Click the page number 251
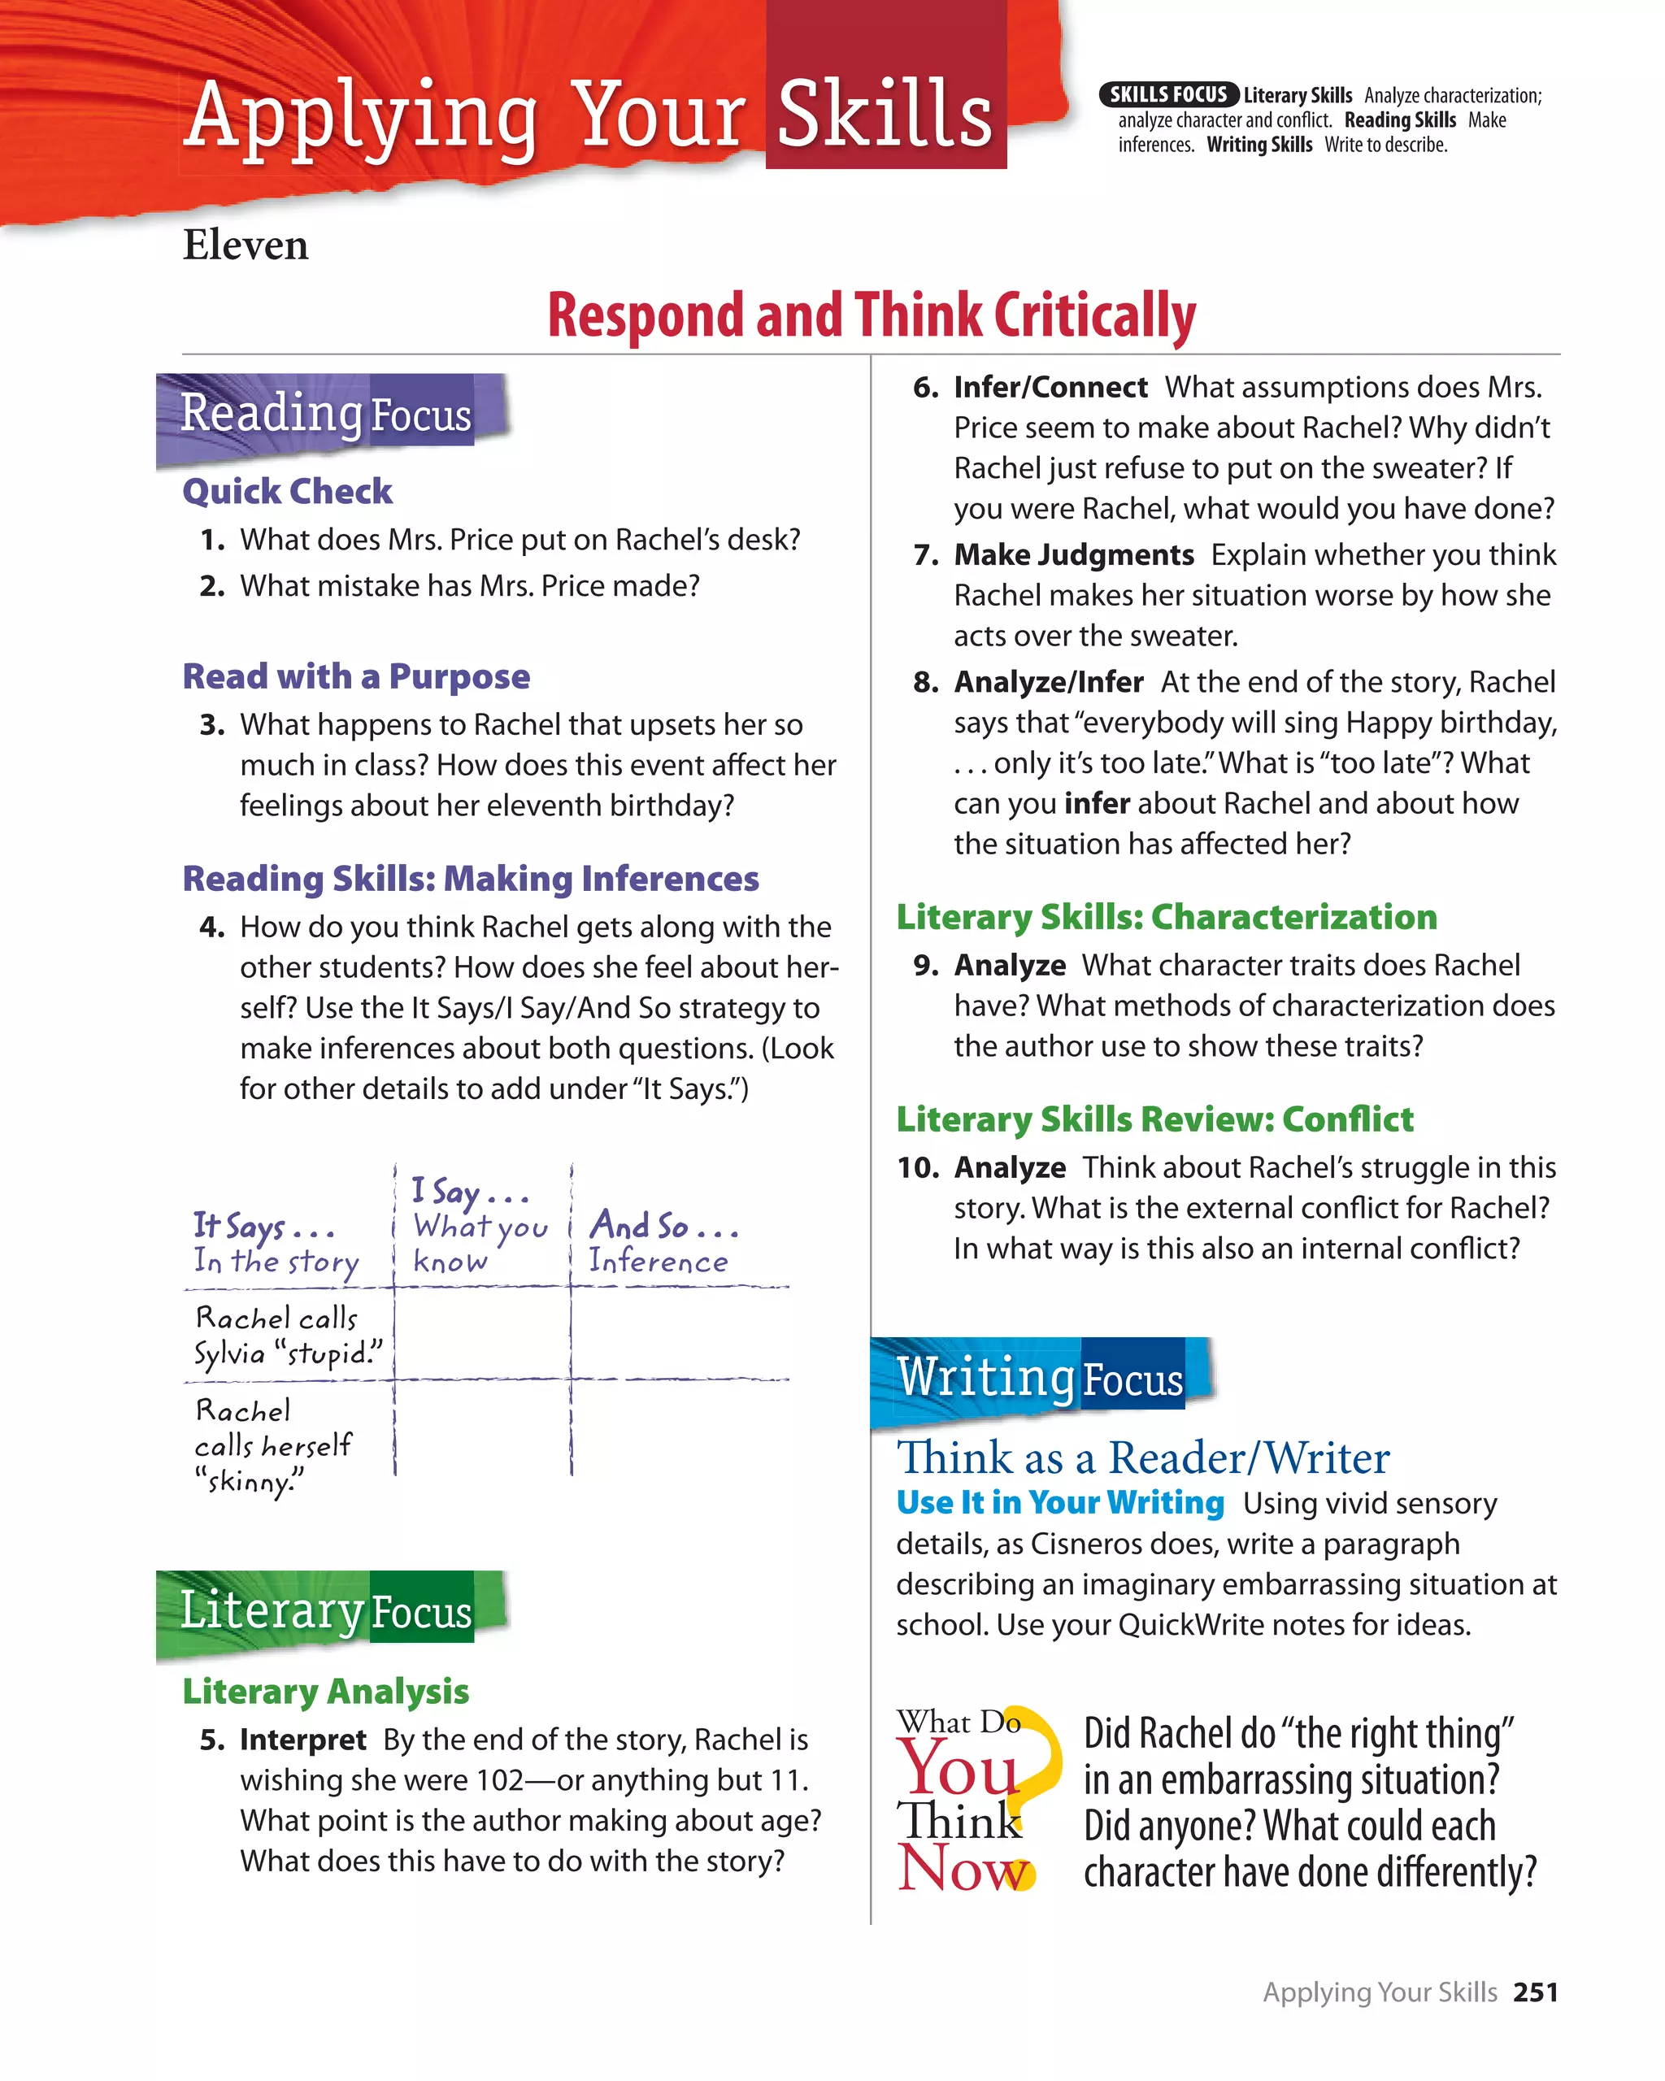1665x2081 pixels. click(x=1535, y=1992)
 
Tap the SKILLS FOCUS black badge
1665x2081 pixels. click(x=1168, y=94)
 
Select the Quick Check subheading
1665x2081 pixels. click(x=287, y=491)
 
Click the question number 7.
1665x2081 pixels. click(x=926, y=555)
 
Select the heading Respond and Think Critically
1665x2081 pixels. click(x=871, y=315)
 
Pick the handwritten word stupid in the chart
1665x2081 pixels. click(x=328, y=1353)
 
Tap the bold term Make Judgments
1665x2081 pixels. click(x=1073, y=555)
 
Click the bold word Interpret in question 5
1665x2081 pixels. click(x=302, y=1740)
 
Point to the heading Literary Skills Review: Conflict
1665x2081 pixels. click(x=1154, y=1119)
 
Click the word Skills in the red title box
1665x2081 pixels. click(x=885, y=114)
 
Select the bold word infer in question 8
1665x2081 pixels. click(x=1097, y=803)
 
